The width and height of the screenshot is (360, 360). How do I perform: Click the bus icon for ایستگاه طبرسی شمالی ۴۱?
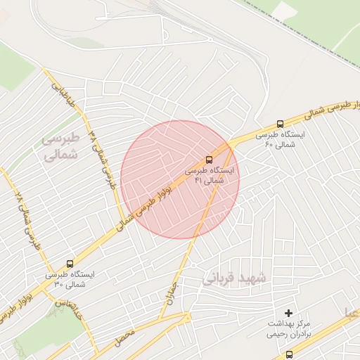pyautogui.click(x=208, y=160)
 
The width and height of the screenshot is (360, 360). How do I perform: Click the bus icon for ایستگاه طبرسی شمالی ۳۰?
pyautogui.click(x=69, y=264)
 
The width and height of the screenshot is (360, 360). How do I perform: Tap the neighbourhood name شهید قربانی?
pyautogui.click(x=235, y=278)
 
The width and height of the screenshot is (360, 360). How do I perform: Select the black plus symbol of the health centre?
pyautogui.click(x=288, y=311)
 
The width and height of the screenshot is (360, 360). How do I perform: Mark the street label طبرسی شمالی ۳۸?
pyautogui.click(x=103, y=159)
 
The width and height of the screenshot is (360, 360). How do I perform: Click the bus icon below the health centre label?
pyautogui.click(x=289, y=354)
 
